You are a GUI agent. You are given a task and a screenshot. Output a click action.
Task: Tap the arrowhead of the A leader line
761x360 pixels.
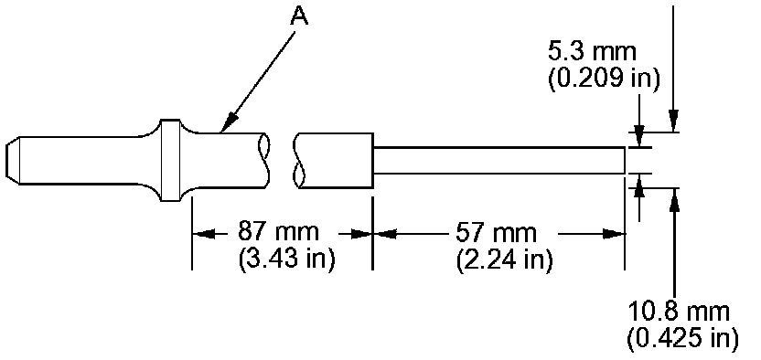228,122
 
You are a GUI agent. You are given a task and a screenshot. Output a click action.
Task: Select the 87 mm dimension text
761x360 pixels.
278,233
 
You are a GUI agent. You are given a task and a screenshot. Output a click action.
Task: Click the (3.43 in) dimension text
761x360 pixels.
286,259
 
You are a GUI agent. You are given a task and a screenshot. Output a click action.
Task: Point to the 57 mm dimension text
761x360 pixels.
496,233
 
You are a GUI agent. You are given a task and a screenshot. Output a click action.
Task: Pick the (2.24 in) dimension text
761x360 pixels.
504,259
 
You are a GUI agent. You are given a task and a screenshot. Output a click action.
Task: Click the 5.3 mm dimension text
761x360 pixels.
592,52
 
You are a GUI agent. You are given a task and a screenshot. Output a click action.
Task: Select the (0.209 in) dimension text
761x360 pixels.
605,79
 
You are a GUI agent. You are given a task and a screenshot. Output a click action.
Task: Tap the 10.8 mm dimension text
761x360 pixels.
679,312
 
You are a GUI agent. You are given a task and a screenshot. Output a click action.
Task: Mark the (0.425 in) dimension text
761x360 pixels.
683,338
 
